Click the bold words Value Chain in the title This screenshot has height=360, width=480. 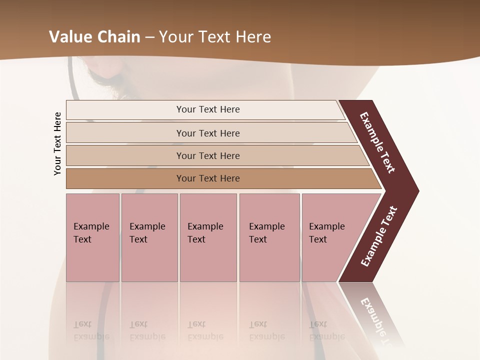tap(94, 37)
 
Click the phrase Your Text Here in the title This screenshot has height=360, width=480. tap(215, 37)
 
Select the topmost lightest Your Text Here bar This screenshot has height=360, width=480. tap(207, 109)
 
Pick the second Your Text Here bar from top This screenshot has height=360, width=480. tap(207, 133)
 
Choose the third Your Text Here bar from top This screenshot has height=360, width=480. tap(207, 155)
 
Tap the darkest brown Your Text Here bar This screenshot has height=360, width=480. tap(207, 178)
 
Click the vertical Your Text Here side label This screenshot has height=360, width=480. tap(57, 143)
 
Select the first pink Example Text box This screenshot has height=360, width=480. tap(92, 237)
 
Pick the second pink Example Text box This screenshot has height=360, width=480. tap(149, 237)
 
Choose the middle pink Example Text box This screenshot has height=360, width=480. tap(208, 237)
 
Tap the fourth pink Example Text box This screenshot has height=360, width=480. tap(269, 237)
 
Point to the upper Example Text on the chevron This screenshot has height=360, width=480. tap(377, 142)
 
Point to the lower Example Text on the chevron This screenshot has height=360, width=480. tap(379, 236)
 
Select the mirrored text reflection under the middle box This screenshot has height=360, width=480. tap(205, 330)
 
